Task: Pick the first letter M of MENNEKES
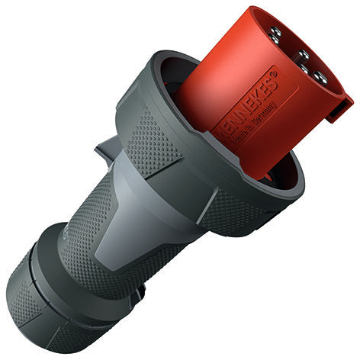tap(225, 125)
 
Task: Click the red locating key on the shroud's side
tap(339, 111)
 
